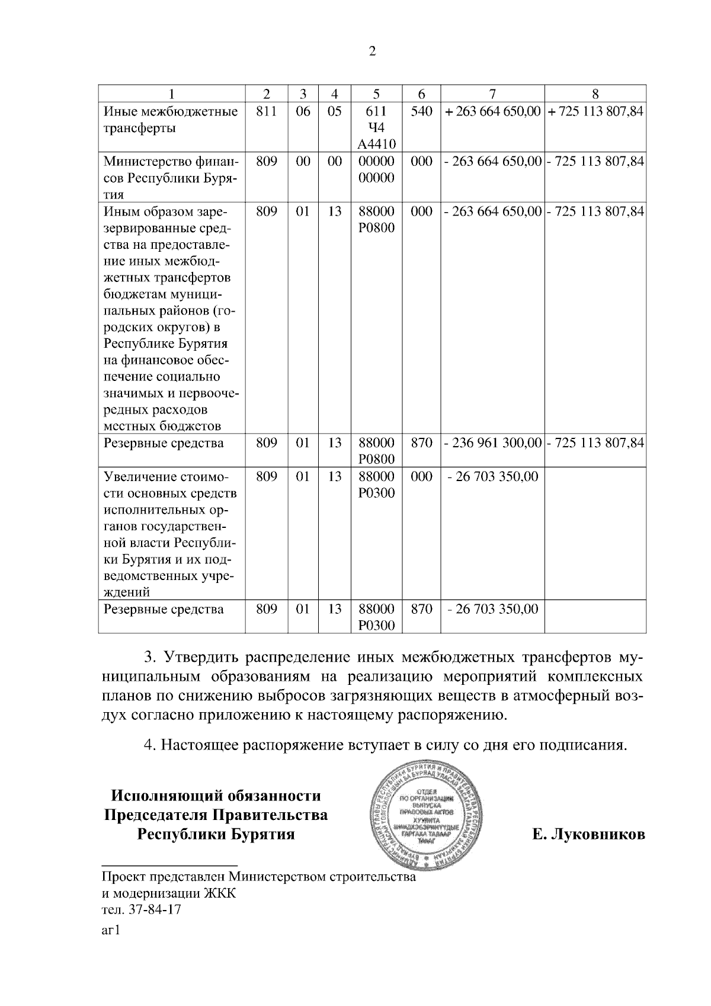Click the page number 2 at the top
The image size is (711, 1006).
tap(372, 52)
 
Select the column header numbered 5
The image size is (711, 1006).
tap(376, 94)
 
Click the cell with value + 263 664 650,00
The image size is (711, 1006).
tap(492, 111)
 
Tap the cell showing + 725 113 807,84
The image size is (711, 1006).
tap(595, 111)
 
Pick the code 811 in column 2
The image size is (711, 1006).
tap(267, 111)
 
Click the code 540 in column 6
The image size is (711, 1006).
tap(421, 111)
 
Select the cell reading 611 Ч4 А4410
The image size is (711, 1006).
tap(376, 127)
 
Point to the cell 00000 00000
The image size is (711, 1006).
tap(376, 169)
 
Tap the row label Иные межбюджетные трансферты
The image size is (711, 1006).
tap(171, 120)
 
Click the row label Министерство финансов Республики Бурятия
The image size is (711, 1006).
tap(171, 178)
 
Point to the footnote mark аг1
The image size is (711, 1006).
tap(111, 931)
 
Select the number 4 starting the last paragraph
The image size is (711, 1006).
tap(149, 745)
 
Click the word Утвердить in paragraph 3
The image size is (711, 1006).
tap(201, 658)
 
